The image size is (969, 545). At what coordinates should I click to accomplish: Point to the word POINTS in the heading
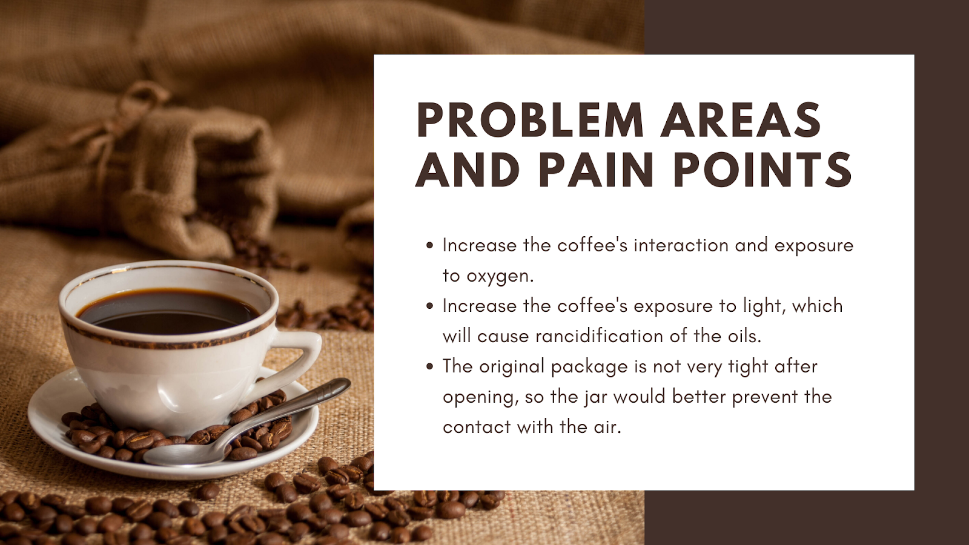pyautogui.click(x=762, y=169)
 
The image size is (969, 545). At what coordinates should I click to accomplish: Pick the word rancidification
pyautogui.click(x=599, y=336)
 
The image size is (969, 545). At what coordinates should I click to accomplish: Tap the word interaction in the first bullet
pyautogui.click(x=681, y=245)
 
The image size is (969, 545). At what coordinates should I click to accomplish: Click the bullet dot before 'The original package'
pyautogui.click(x=429, y=367)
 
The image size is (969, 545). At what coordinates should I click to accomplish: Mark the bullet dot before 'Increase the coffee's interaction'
pyautogui.click(x=429, y=246)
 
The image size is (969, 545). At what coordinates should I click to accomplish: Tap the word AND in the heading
pyautogui.click(x=467, y=169)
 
